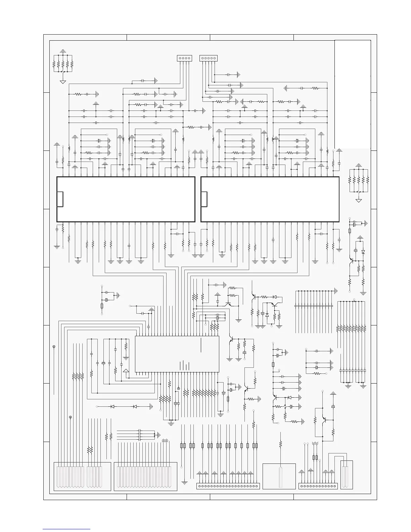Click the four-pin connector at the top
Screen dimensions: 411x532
point(184,58)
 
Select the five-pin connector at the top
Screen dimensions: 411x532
point(208,58)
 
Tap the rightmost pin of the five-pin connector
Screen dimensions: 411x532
point(215,58)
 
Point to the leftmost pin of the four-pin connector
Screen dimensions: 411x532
point(180,58)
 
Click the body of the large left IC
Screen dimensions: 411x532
point(126,199)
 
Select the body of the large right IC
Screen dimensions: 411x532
point(270,199)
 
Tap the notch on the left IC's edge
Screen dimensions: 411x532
point(60,199)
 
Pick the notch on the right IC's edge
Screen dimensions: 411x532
point(204,199)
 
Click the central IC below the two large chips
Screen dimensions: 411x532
point(177,354)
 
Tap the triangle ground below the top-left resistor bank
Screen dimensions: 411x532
point(63,82)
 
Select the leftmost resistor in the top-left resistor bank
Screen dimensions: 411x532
point(54,64)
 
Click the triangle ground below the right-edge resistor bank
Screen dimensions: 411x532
point(359,201)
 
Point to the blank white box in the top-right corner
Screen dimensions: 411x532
point(353,94)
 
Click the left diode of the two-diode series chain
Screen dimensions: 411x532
point(112,406)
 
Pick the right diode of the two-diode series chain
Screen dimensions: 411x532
point(135,406)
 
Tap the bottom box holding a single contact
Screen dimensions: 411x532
point(279,476)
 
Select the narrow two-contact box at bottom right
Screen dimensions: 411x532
point(347,475)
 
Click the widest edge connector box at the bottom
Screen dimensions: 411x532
point(145,476)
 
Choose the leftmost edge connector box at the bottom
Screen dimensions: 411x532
point(82,476)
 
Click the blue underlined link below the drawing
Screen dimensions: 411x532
point(67,529)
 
